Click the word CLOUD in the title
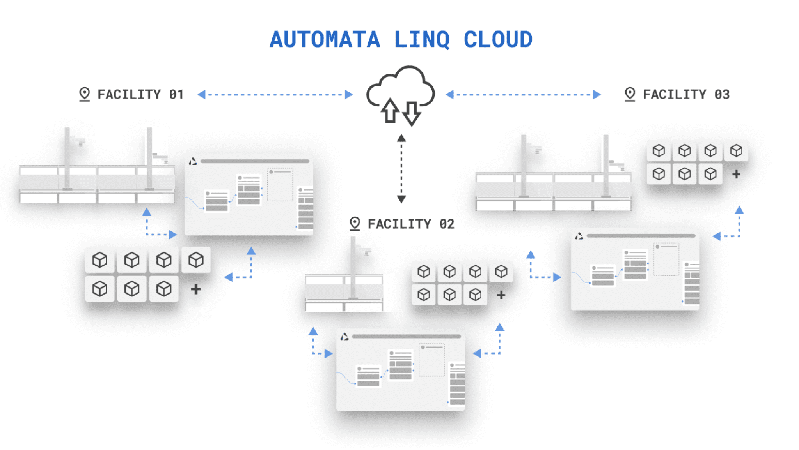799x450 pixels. click(x=498, y=40)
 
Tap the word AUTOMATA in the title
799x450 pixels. click(x=325, y=40)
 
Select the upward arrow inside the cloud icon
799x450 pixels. click(x=389, y=111)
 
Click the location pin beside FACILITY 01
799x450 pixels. click(x=84, y=94)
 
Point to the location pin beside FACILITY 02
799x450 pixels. click(x=355, y=224)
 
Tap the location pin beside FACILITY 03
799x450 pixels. click(x=630, y=94)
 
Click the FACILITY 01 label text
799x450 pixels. click(x=140, y=95)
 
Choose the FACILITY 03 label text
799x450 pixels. click(x=686, y=95)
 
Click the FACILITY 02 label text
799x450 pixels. click(x=411, y=224)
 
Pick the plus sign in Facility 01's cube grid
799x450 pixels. click(x=196, y=289)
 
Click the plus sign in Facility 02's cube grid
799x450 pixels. click(x=501, y=295)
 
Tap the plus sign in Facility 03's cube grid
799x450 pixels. click(x=736, y=174)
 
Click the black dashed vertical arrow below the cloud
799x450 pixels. click(x=401, y=169)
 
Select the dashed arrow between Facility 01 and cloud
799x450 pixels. click(x=275, y=95)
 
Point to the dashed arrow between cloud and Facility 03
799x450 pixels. click(x=523, y=95)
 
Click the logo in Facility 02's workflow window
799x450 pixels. click(x=344, y=337)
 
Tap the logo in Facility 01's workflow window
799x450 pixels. click(x=193, y=161)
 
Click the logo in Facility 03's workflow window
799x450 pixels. click(x=579, y=236)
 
